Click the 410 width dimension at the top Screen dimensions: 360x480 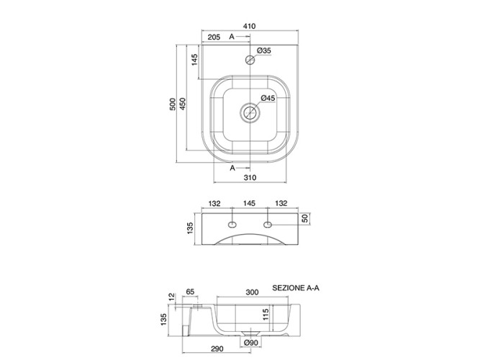(250, 26)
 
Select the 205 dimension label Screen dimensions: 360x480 (213, 36)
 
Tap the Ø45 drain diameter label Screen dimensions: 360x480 (268, 99)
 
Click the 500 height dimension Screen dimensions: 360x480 (173, 105)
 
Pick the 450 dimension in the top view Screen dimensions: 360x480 (184, 105)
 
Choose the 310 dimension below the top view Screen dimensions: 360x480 (250, 177)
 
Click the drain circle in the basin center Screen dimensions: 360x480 (250, 113)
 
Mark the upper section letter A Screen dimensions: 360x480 (232, 36)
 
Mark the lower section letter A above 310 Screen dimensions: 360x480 (232, 167)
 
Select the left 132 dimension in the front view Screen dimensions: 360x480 (216, 204)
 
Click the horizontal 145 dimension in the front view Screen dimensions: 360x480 (250, 204)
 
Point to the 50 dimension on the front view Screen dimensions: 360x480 (305, 218)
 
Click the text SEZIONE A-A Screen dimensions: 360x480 (295, 287)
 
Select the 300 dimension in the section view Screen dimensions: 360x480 (252, 293)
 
